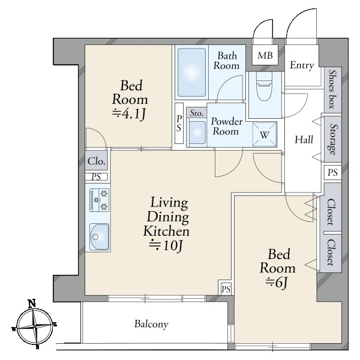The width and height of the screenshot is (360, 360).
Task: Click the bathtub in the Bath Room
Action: pyautogui.click(x=192, y=73)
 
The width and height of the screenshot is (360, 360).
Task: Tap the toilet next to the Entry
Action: pyautogui.click(x=264, y=86)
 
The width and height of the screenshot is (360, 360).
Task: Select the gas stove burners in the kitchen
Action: pyautogui.click(x=99, y=200)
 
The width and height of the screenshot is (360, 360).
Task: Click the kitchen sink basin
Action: pyautogui.click(x=100, y=237)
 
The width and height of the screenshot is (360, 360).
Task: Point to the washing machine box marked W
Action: pyautogui.click(x=265, y=134)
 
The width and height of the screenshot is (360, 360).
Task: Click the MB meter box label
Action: pyautogui.click(x=265, y=55)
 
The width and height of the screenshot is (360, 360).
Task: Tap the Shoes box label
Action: pyautogui.click(x=332, y=89)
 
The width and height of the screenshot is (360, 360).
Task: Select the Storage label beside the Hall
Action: pyautogui.click(x=332, y=139)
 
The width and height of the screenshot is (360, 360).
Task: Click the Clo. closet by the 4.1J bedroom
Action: pyautogui.click(x=97, y=161)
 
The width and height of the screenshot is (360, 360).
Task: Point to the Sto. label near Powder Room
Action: pyautogui.click(x=197, y=113)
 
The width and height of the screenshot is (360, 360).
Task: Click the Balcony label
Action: pyautogui.click(x=151, y=324)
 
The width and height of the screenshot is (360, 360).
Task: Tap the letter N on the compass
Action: pyautogui.click(x=32, y=303)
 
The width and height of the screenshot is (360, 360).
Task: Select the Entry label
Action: pyautogui.click(x=302, y=65)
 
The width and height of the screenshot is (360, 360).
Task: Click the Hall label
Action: pyautogui.click(x=304, y=140)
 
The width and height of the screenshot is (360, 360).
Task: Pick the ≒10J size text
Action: pyautogui.click(x=166, y=246)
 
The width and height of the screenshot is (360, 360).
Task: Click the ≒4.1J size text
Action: pyautogui.click(x=129, y=113)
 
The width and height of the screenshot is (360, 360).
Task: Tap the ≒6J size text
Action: pyautogui.click(x=277, y=283)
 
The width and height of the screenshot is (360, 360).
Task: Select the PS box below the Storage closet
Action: pyautogui.click(x=332, y=172)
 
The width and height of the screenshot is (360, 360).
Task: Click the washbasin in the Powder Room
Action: pyautogui.click(x=197, y=132)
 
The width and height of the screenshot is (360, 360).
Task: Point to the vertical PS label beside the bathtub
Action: pyautogui.click(x=179, y=123)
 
